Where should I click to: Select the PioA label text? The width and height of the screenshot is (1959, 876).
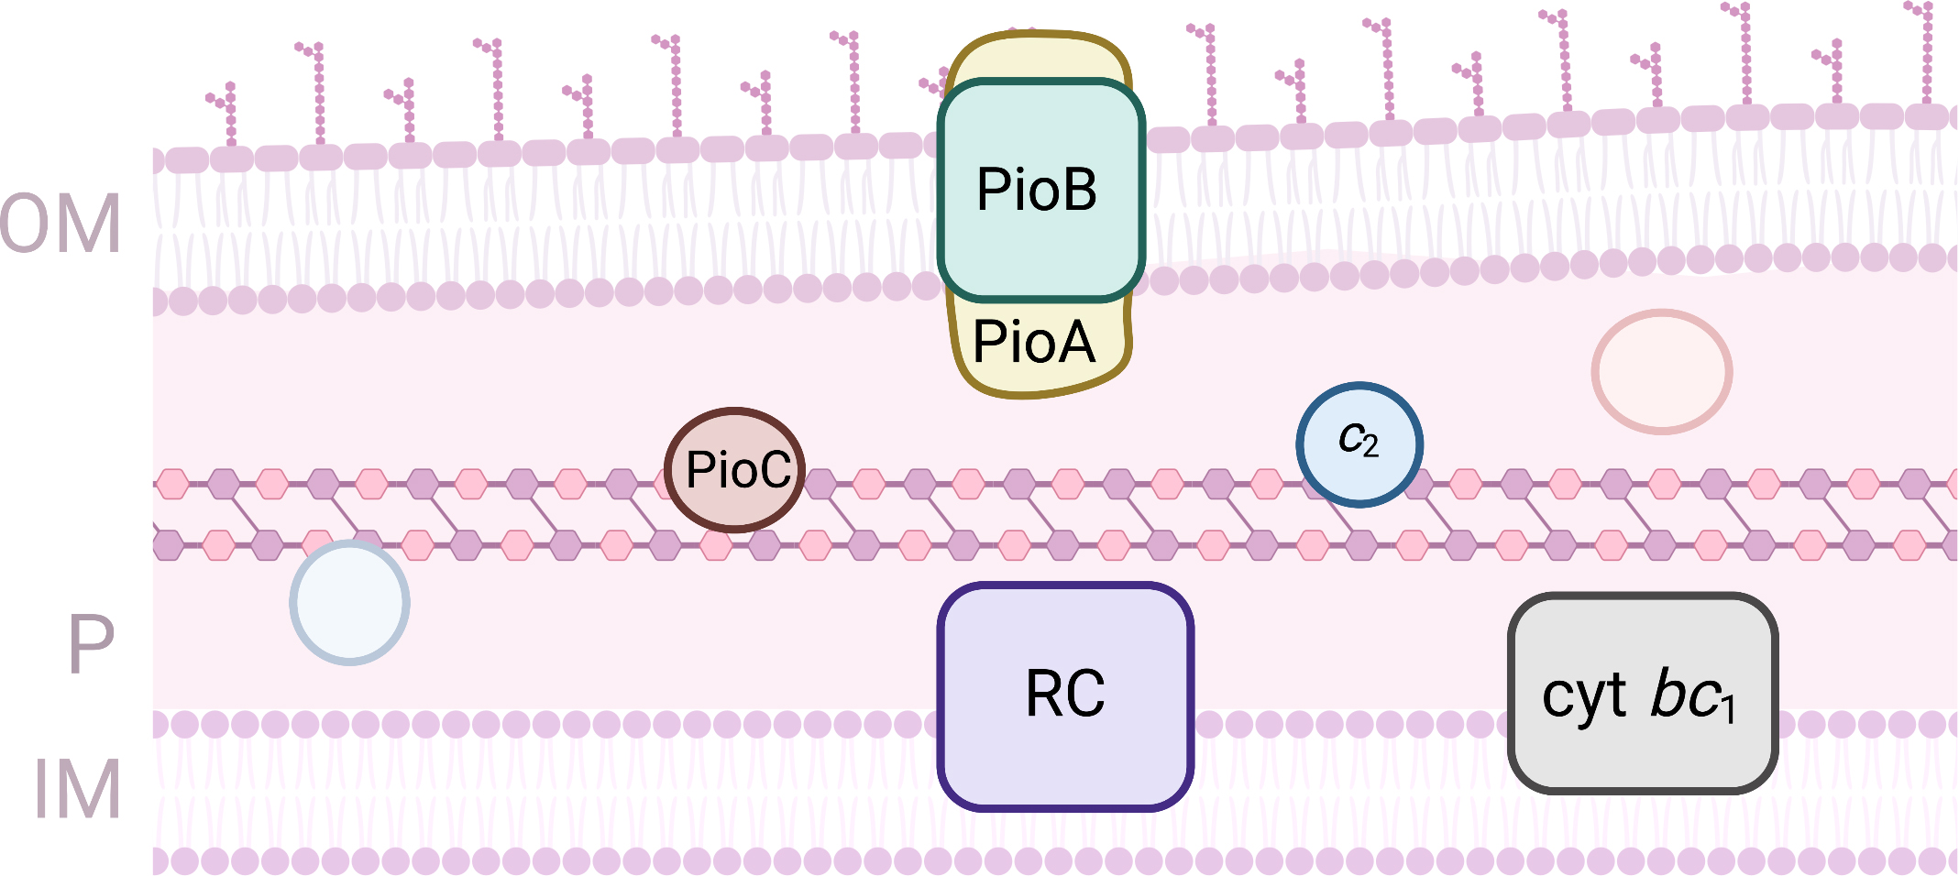1034,343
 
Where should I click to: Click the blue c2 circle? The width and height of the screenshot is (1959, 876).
1359,444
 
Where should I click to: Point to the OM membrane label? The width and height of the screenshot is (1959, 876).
61,224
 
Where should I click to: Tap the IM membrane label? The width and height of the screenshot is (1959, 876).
78,790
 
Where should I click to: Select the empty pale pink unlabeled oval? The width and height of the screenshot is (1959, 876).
1661,371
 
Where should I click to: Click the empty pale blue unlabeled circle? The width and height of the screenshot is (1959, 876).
349,602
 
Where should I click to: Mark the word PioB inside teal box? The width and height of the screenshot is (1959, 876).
1037,190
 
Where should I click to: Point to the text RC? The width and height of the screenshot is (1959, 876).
1065,694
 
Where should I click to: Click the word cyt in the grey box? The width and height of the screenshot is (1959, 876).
1584,696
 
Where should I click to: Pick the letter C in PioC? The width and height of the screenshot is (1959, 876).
773,470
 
